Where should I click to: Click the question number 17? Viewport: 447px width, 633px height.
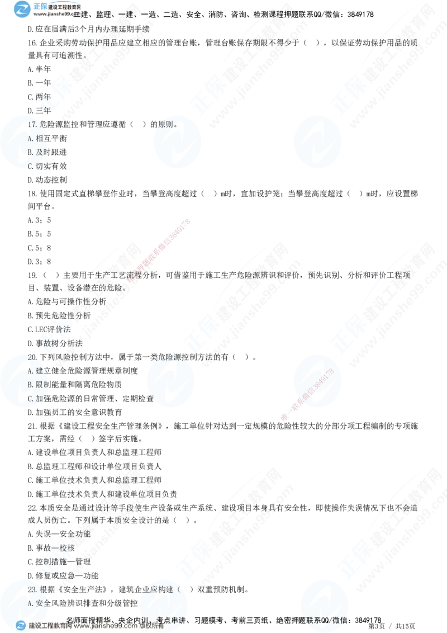pyautogui.click(x=32, y=124)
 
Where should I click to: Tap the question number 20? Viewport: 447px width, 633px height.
pyautogui.click(x=32, y=357)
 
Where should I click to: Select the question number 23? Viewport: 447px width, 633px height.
pyautogui.click(x=32, y=589)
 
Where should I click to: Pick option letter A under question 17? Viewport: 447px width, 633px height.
pyautogui.click(x=30, y=138)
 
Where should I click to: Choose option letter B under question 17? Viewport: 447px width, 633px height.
pyautogui.click(x=30, y=152)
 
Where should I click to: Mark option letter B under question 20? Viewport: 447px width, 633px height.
pyautogui.click(x=30, y=385)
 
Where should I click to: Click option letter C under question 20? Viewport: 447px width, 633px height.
pyautogui.click(x=30, y=399)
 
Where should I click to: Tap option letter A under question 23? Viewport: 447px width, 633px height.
pyautogui.click(x=30, y=603)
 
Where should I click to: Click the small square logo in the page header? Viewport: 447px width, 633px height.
pyautogui.click(x=22, y=9)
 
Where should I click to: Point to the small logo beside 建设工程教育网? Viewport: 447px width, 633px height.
pyautogui.click(x=21, y=626)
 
